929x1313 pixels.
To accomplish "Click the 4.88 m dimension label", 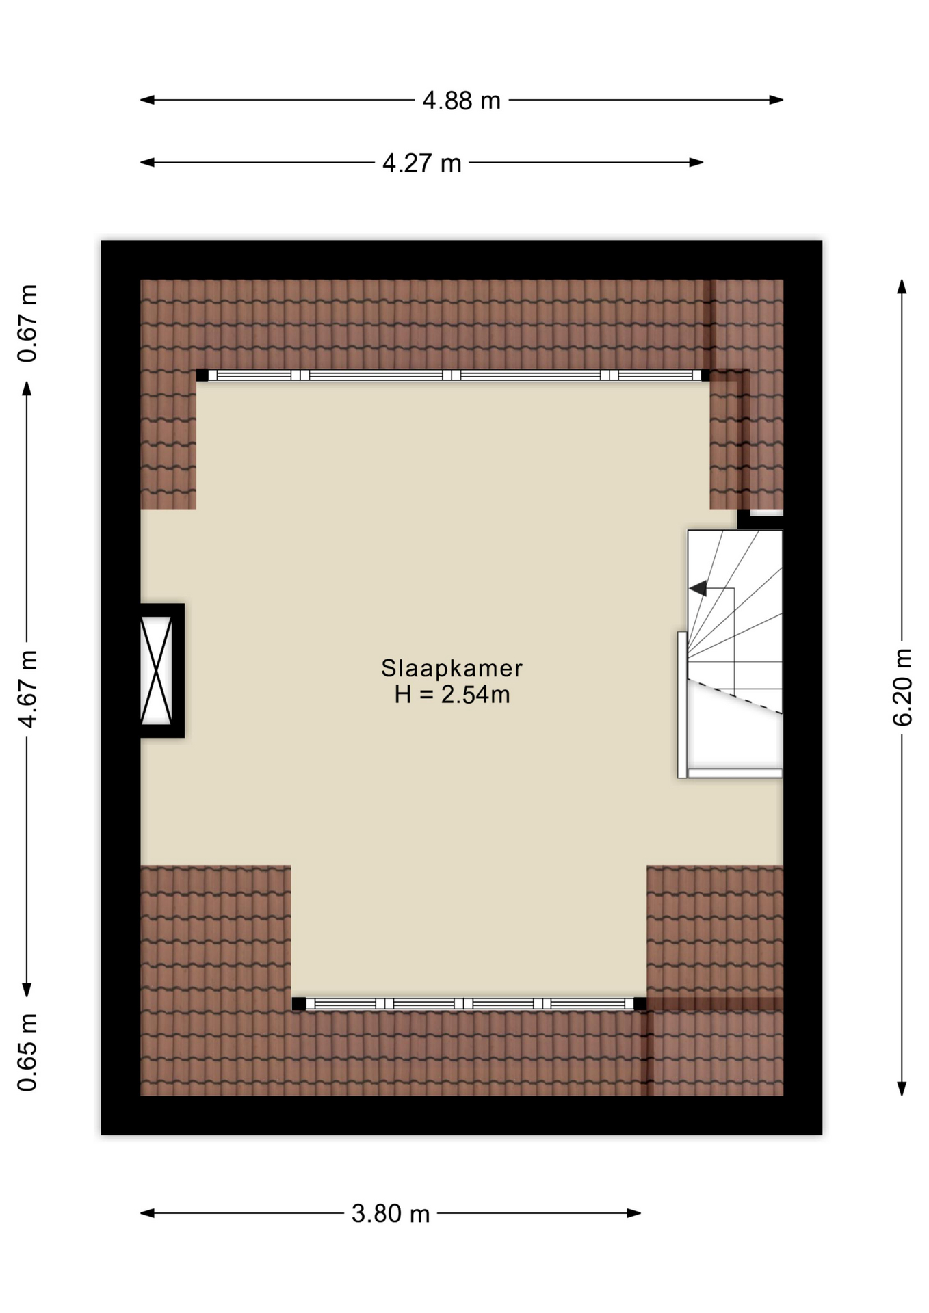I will [461, 101].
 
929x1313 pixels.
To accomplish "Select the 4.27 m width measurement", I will [421, 163].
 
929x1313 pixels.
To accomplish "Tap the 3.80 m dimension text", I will [391, 1213].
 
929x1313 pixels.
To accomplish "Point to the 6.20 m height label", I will [902, 687].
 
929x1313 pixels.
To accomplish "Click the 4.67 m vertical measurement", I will [27, 689].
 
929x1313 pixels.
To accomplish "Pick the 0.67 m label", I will [27, 323].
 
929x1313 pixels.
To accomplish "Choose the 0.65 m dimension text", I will [27, 1052].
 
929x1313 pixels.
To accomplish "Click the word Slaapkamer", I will [452, 668].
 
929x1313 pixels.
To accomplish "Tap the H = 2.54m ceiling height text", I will [452, 695].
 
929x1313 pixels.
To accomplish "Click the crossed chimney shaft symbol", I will [157, 670].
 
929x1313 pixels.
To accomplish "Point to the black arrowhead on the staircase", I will [698, 588].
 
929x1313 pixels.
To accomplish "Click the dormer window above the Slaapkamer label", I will [453, 375].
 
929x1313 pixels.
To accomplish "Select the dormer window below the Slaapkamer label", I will [469, 1003].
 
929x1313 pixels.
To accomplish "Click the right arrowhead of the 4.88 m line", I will [777, 100].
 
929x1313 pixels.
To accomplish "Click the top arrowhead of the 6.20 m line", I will [902, 286].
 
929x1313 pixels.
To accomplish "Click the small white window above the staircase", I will [766, 512].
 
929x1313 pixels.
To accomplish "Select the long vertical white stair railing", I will [682, 704].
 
